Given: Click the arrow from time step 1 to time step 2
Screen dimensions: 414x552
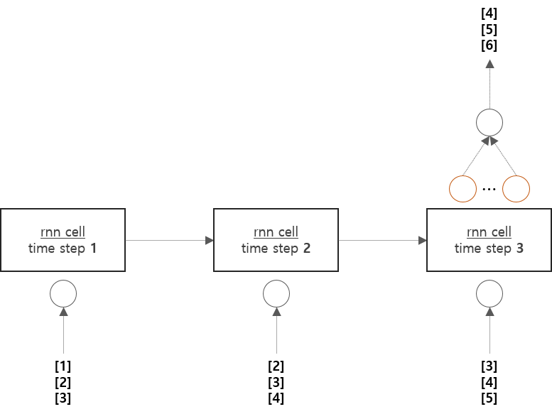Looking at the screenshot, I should pyautogui.click(x=169, y=241).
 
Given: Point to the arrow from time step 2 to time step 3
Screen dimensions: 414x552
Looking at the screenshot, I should pyautogui.click(x=382, y=241).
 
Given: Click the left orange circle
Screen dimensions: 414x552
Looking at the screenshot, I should pyautogui.click(x=462, y=189).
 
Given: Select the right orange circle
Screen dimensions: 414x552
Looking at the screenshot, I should pyautogui.click(x=516, y=189).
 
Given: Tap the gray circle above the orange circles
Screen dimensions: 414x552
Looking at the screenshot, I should pyautogui.click(x=489, y=122).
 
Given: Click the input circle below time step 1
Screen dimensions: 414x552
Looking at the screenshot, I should pyautogui.click(x=63, y=293).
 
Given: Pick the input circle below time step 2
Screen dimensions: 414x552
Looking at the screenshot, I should pyautogui.click(x=276, y=293).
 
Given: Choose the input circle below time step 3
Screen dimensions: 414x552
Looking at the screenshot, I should pyautogui.click(x=489, y=293).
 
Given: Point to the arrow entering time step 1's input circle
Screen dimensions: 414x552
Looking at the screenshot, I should pyautogui.click(x=63, y=330).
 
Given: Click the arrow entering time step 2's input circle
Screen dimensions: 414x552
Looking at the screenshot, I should pyautogui.click(x=276, y=330).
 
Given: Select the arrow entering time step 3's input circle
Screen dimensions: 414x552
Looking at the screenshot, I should pyautogui.click(x=489, y=330).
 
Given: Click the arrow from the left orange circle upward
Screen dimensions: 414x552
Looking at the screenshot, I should pyautogui.click(x=475, y=156).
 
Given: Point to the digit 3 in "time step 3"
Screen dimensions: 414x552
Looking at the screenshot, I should pyautogui.click(x=520, y=249).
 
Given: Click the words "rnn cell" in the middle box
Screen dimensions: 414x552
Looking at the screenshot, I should pyautogui.click(x=276, y=232).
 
